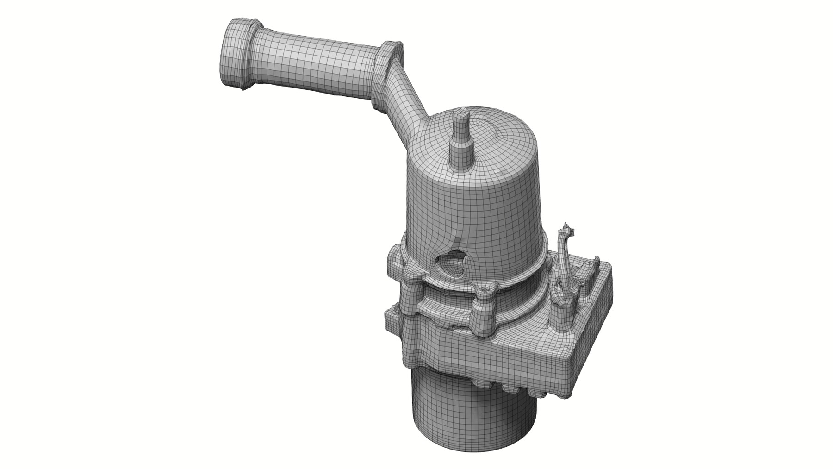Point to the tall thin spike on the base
pyautogui.click(x=564, y=259)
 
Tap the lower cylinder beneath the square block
pyautogui.click(x=472, y=407)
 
